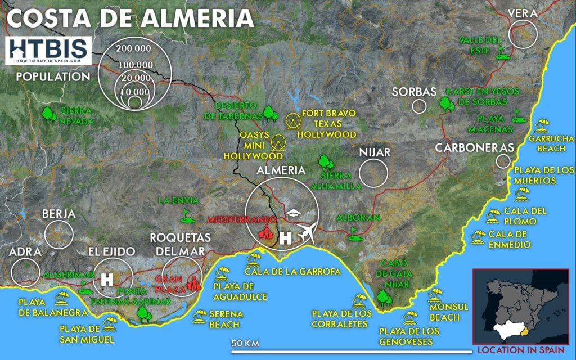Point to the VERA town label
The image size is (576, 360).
tap(522, 13)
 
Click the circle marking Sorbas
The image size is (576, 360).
tap(418, 106)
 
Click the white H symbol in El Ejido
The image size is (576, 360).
tap(107, 278)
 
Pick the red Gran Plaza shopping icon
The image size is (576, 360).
tap(193, 283)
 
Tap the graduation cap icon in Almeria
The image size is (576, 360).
tap(294, 214)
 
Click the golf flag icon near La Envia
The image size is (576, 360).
tap(185, 214)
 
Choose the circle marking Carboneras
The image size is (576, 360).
tap(503, 161)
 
